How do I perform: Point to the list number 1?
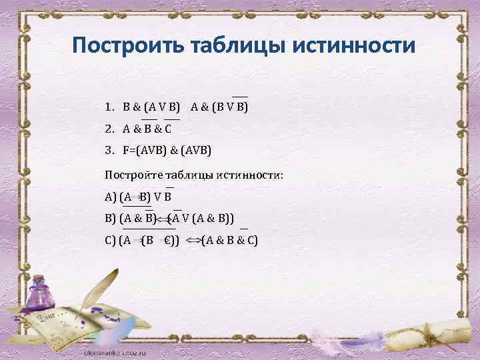pyautogui.click(x=109, y=106)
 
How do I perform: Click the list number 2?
pyautogui.click(x=109, y=129)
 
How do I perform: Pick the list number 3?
pyautogui.click(x=109, y=151)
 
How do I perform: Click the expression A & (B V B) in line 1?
pyautogui.click(x=219, y=106)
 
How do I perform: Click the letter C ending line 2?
pyautogui.click(x=177, y=129)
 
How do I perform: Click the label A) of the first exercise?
pyautogui.click(x=110, y=196)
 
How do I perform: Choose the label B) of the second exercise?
pyautogui.click(x=110, y=218)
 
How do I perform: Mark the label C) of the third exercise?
pyautogui.click(x=110, y=240)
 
